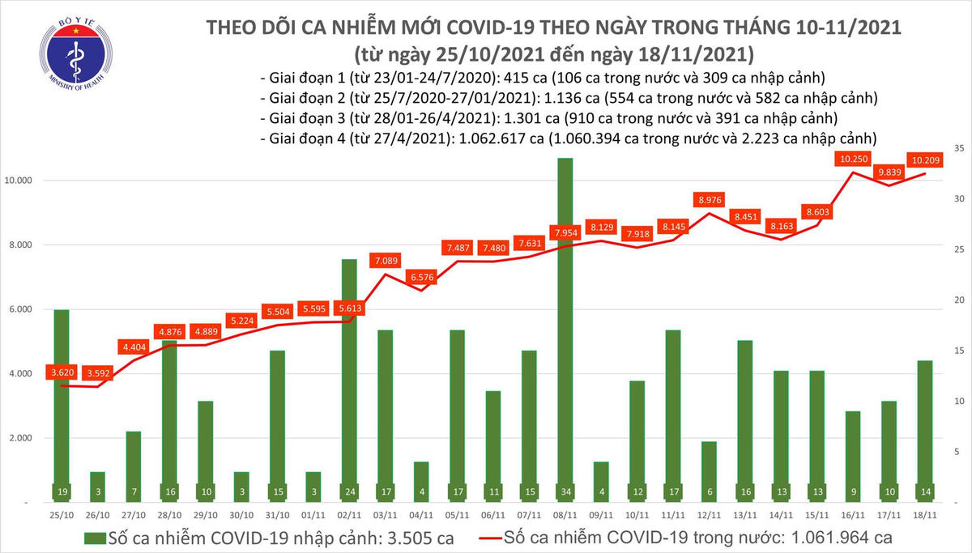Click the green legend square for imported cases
point(94,538)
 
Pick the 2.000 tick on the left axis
point(30,438)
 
